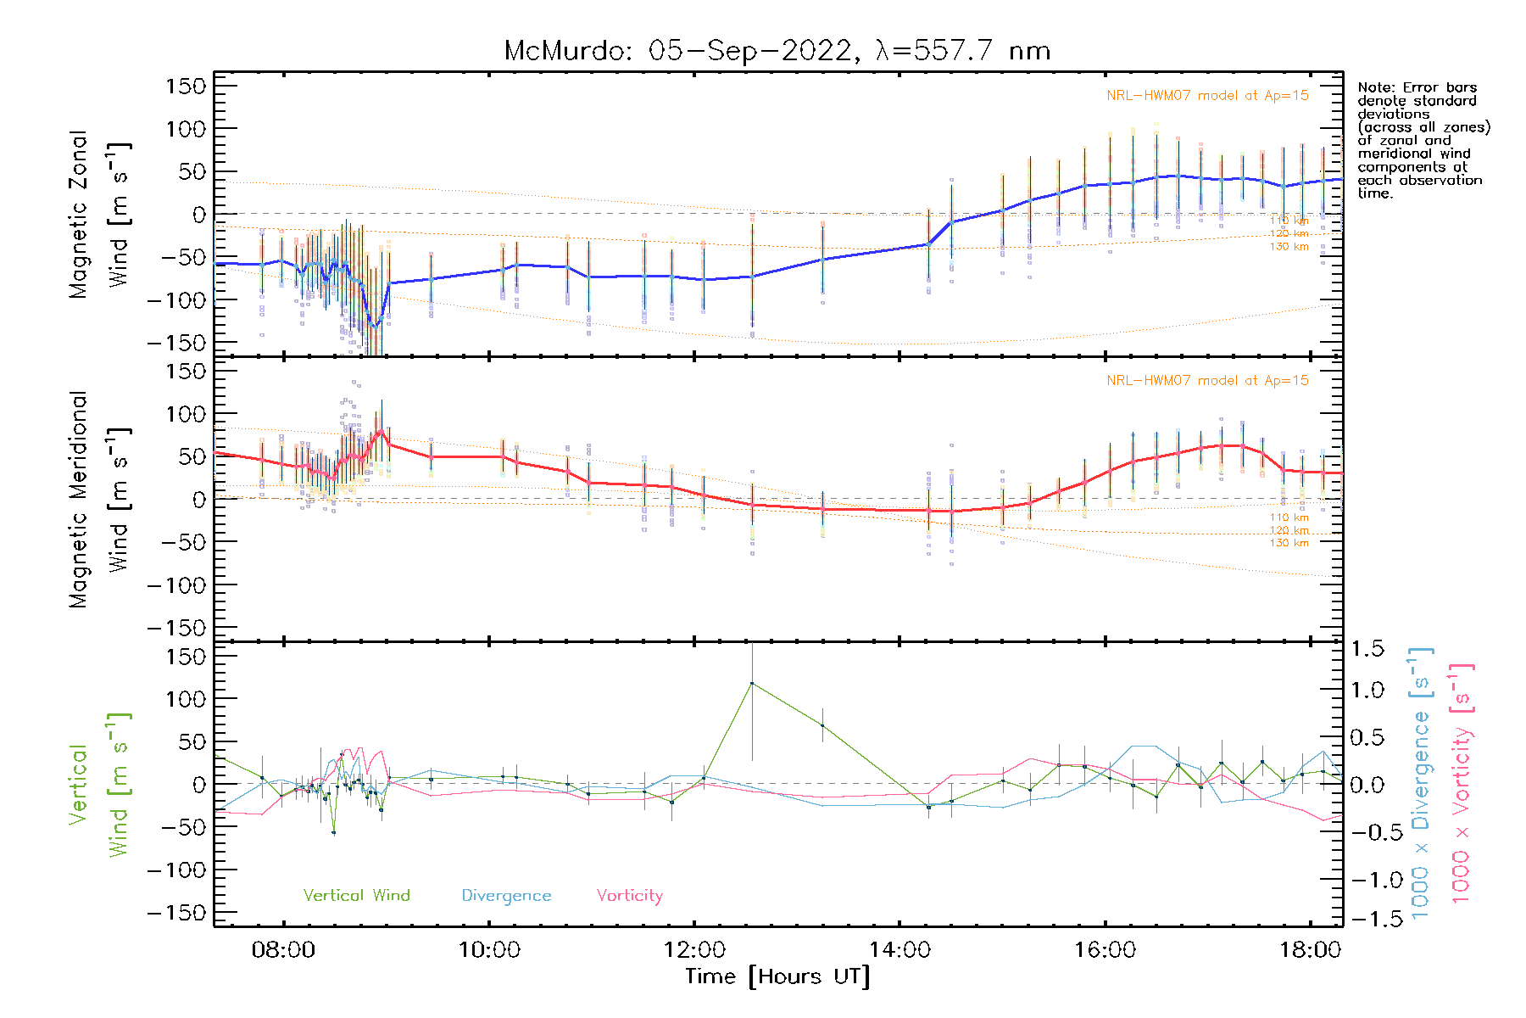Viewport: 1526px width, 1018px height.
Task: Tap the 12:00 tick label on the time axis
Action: pyautogui.click(x=694, y=949)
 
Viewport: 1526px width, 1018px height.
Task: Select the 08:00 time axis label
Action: pyautogui.click(x=283, y=949)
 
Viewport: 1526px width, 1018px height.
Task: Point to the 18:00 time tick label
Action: pyautogui.click(x=1310, y=949)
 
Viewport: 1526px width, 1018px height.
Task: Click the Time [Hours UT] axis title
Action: pyautogui.click(x=777, y=976)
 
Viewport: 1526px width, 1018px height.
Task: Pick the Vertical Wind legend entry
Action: pyautogui.click(x=356, y=895)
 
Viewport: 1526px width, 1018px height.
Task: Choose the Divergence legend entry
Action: pyautogui.click(x=506, y=895)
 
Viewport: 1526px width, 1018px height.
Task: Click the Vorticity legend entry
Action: pyautogui.click(x=629, y=895)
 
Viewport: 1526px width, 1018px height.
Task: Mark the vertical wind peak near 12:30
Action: pyautogui.click(x=752, y=683)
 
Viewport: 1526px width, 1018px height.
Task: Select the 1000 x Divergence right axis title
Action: pyautogui.click(x=1420, y=782)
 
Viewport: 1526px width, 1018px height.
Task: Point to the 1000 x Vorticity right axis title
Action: pyautogui.click(x=1461, y=782)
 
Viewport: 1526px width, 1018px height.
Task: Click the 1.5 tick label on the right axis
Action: pyautogui.click(x=1367, y=649)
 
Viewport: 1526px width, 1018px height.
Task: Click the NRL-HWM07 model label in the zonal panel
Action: pyautogui.click(x=1207, y=96)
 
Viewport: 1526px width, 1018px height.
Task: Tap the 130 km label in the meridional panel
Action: pyautogui.click(x=1289, y=543)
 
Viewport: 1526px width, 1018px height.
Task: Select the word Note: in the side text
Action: pyautogui.click(x=1374, y=87)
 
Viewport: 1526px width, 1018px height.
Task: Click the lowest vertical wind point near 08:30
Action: pyautogui.click(x=334, y=832)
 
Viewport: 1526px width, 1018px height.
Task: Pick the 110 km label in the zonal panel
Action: pyautogui.click(x=1289, y=221)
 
